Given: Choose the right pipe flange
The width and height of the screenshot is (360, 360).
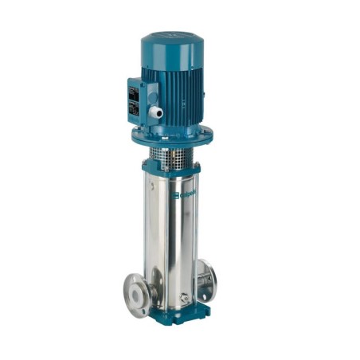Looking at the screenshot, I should point(205,279).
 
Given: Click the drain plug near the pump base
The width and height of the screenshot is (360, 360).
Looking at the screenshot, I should point(185,299).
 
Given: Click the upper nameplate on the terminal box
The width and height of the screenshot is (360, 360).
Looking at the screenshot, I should point(133,89).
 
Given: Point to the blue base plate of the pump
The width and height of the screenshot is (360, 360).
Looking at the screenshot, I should point(195,311).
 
